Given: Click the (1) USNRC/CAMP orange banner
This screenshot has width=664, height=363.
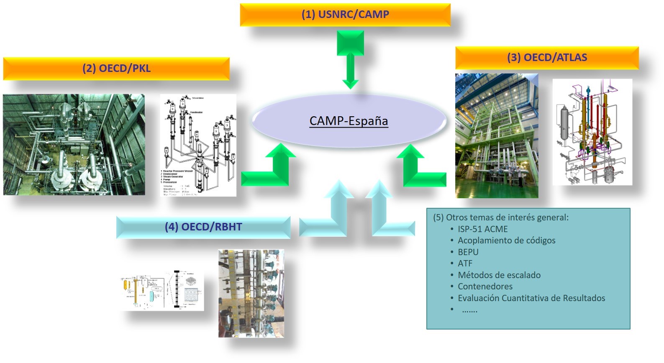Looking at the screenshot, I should click(x=345, y=15).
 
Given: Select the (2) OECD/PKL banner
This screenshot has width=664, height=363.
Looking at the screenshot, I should click(x=116, y=69).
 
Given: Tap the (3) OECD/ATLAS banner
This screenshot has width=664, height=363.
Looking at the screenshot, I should click(x=547, y=58).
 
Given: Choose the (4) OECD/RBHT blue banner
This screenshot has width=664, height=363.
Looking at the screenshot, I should click(x=203, y=227).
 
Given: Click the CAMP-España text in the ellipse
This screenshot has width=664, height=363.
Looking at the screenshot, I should click(x=349, y=121).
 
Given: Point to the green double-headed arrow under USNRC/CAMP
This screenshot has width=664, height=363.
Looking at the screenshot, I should click(x=350, y=59).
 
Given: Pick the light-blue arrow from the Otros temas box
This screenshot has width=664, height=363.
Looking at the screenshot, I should click(x=385, y=213).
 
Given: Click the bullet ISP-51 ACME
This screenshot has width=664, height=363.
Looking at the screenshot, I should click(x=482, y=229).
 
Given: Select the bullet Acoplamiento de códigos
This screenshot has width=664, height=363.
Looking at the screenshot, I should click(x=506, y=240).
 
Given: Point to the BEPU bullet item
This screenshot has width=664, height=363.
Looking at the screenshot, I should click(x=468, y=252).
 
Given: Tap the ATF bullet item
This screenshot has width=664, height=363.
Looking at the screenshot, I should click(x=465, y=263).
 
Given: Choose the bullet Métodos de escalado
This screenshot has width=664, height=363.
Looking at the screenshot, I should click(x=499, y=275).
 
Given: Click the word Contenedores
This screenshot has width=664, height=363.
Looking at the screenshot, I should click(x=485, y=286).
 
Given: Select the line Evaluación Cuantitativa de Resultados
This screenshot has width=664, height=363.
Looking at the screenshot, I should click(x=531, y=298).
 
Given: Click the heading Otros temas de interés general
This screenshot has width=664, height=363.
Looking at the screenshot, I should click(x=501, y=217).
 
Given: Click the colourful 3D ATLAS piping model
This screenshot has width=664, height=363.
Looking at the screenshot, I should click(x=592, y=132).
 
